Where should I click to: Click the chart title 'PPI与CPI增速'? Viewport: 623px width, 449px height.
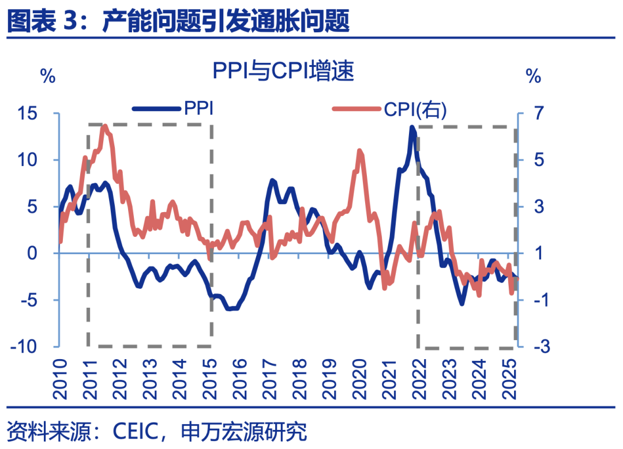283,72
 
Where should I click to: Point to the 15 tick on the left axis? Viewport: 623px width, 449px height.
41,114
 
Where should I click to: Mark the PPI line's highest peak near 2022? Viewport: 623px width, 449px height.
412,127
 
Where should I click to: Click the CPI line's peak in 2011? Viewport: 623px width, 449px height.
104,126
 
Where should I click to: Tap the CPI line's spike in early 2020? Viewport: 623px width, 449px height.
360,151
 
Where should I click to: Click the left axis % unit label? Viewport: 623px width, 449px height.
48,76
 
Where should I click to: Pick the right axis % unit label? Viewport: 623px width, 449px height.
534,76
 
